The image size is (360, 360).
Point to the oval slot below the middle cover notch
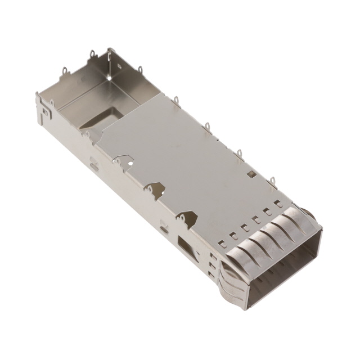point(163,228)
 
